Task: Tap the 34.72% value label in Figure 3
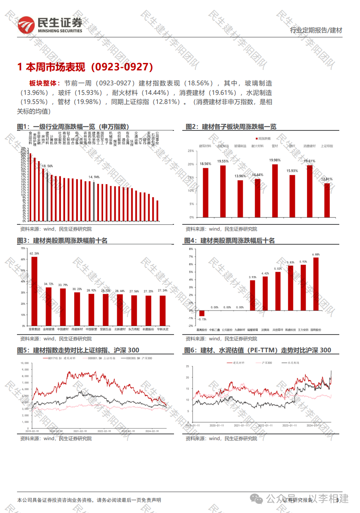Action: tap(48, 284)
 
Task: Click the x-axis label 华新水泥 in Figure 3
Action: tap(162, 330)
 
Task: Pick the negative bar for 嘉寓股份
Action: tap(201, 313)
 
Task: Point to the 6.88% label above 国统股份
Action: tap(316, 254)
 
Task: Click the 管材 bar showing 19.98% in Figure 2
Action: tap(275, 191)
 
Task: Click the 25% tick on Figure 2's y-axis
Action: tap(191, 151)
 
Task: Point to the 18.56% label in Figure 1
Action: tap(47, 166)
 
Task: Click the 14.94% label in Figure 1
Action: tap(94, 177)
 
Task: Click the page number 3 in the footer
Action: tap(338, 500)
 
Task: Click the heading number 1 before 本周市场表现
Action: tap(19, 67)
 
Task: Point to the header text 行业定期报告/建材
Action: tap(316, 30)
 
